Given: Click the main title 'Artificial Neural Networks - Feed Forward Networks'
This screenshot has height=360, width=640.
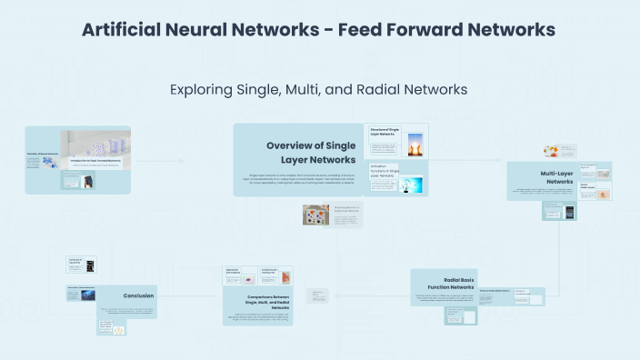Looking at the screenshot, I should (x=318, y=30).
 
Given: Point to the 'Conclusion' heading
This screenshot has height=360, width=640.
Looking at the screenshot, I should (x=138, y=295).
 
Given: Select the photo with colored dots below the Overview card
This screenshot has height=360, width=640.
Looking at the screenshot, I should (x=317, y=215).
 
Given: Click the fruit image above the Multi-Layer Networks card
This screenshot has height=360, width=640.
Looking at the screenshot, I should (x=551, y=151).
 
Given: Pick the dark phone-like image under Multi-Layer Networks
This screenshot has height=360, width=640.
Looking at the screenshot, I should (x=570, y=213).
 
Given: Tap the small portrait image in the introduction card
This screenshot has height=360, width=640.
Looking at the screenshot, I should (x=88, y=182).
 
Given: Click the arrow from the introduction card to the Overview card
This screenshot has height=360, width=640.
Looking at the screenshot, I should (x=182, y=160).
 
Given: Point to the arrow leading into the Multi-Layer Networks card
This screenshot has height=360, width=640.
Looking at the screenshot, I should (x=473, y=160).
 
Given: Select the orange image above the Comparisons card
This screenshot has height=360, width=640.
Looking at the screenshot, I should (x=285, y=276).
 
